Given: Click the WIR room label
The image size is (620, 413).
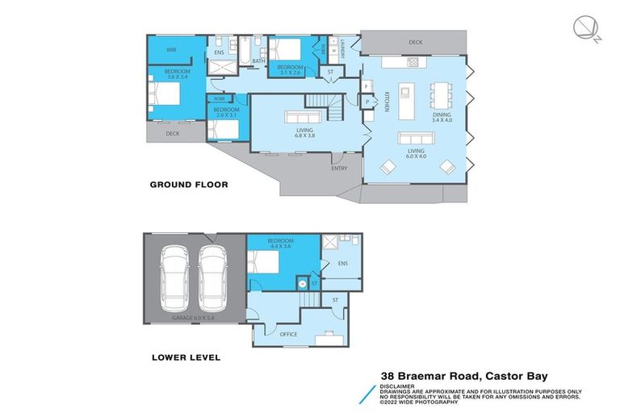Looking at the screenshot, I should [171, 49].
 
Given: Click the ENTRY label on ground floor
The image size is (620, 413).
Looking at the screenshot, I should [339, 168].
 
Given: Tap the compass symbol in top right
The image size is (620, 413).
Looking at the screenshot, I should [587, 28].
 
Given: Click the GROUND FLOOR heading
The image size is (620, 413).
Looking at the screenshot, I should [189, 185].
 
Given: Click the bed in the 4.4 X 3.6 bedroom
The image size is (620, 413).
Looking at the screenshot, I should [264, 265].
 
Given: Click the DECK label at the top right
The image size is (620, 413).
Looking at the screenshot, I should [415, 42].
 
